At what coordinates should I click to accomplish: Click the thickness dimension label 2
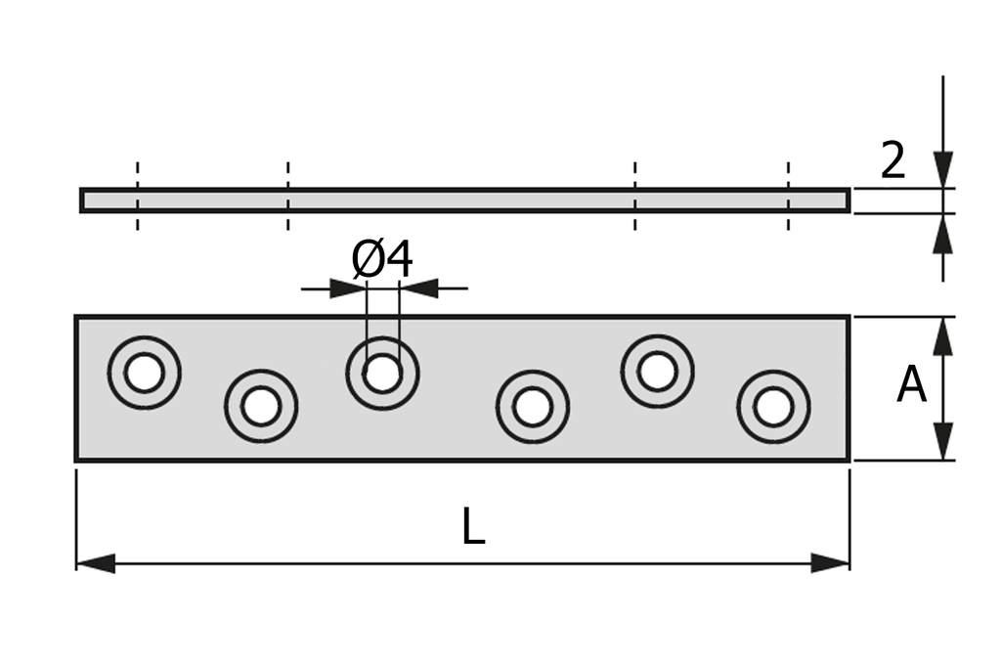coord(892,161)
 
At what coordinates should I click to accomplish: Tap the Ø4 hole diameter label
coord(382,260)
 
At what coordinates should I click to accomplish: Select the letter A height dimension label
coord(911,385)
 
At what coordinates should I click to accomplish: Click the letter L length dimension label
coord(473,529)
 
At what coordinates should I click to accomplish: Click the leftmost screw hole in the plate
coord(145,373)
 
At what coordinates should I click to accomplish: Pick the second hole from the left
coord(261,406)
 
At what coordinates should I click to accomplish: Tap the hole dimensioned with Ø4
coord(382,373)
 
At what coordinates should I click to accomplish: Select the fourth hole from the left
coord(532,406)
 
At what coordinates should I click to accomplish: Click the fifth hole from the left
coord(657,372)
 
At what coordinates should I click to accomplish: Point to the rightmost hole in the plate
coord(773,407)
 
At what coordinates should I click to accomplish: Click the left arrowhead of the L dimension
coord(95,563)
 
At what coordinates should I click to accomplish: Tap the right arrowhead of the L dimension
coord(830,563)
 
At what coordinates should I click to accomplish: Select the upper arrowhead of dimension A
coord(942,335)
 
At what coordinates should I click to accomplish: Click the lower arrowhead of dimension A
coord(942,441)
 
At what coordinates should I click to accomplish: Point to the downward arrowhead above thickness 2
coord(942,169)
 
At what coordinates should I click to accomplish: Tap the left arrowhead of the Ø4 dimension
coord(348,289)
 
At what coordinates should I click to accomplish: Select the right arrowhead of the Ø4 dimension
coord(419,289)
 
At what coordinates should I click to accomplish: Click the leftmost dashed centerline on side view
coord(137,196)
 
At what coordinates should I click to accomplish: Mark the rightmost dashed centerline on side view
coord(788,196)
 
